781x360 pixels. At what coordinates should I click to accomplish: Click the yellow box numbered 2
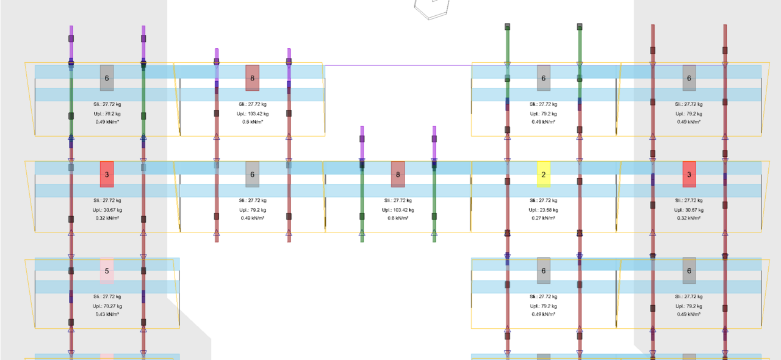[543, 174]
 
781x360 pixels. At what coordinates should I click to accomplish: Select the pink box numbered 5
[107, 271]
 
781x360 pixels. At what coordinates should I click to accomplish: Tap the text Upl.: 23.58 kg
[543, 209]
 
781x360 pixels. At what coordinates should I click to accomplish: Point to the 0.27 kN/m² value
[543, 218]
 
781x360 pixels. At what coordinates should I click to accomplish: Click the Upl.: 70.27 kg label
[107, 306]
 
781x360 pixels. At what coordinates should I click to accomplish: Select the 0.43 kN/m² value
[107, 314]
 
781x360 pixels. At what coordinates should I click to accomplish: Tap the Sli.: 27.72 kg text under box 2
[543, 200]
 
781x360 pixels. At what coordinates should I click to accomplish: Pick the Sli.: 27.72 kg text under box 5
[107, 297]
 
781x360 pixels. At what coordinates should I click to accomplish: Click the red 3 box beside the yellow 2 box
[689, 174]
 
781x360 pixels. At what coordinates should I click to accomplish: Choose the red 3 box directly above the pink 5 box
[107, 174]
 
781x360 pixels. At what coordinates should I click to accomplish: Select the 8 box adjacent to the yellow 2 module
[398, 174]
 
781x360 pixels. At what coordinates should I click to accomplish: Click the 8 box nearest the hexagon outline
[253, 77]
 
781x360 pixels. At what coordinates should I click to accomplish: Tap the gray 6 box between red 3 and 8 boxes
[253, 174]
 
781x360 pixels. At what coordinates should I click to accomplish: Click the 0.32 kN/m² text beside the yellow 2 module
[689, 218]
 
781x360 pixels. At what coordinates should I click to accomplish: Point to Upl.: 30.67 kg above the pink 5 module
[107, 209]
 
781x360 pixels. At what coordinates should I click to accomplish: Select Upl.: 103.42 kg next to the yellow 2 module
[398, 209]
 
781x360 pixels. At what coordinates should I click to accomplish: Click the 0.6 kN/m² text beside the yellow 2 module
[398, 218]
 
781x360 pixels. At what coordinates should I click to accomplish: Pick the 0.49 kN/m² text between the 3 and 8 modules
[253, 218]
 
